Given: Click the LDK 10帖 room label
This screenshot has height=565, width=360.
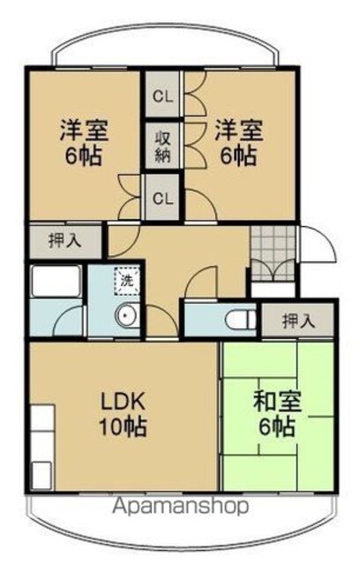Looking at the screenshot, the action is click(124, 414).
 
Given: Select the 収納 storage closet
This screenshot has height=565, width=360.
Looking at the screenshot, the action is click(162, 146).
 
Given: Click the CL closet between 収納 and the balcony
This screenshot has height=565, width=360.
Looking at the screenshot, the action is click(162, 94).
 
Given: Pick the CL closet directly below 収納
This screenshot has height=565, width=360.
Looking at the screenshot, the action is click(162, 197).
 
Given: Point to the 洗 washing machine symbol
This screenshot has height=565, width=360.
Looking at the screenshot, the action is click(126, 281).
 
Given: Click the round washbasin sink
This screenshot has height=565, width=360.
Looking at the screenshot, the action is click(126, 315).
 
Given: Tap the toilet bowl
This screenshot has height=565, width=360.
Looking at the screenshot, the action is click(241, 320).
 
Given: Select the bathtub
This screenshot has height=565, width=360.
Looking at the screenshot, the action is click(56, 282).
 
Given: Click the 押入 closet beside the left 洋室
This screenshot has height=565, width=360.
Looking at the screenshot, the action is click(65, 241).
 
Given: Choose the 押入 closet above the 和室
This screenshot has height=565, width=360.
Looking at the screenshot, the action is click(297, 320).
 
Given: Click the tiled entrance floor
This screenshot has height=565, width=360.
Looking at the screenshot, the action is click(274, 253).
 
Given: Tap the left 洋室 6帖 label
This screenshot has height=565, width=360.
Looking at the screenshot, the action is click(84, 142).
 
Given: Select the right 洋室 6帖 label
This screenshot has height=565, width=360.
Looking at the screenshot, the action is click(238, 142).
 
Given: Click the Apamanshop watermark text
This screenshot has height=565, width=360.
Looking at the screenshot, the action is click(181, 506).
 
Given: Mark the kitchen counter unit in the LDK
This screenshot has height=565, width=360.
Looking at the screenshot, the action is click(42, 447).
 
